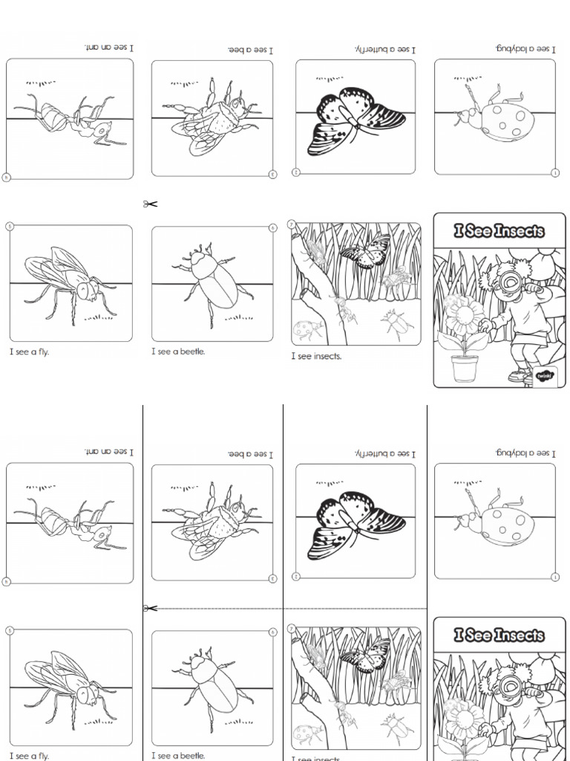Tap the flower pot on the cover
tap(465, 366)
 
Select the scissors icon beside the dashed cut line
tap(151, 609)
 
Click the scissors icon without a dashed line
tap(151, 204)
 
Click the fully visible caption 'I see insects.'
tap(316, 357)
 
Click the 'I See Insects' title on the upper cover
tap(499, 231)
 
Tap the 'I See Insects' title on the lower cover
tap(499, 635)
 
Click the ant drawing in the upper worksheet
tap(71, 120)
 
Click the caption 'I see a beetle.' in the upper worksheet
tap(178, 352)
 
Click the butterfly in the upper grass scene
tap(367, 251)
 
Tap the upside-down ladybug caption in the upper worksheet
tap(523, 48)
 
